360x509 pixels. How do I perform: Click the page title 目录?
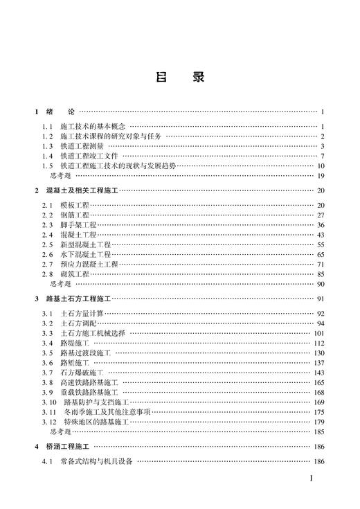[x=179, y=78]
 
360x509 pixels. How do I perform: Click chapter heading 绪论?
[x=60, y=111]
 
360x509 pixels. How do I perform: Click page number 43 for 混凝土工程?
[x=321, y=235]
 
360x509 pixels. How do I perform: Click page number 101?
[x=319, y=333]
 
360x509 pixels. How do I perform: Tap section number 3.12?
[x=49, y=422]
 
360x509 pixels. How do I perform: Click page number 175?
[x=319, y=412]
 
